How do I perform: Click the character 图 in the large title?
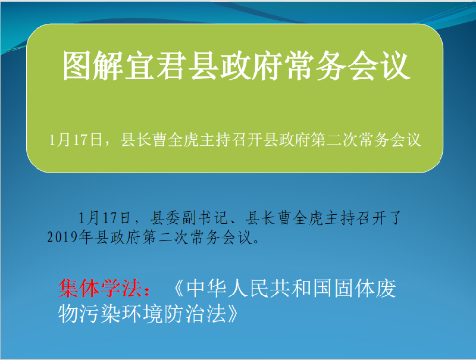point(77,66)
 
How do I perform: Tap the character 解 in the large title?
point(108,66)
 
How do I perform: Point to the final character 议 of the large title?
point(395,66)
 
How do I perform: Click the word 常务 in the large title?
point(317,66)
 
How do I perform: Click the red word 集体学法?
point(100,288)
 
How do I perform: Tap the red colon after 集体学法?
point(147,290)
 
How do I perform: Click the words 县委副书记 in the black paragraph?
point(188,218)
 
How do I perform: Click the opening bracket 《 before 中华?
point(179,288)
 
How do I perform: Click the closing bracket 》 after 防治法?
point(233,314)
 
